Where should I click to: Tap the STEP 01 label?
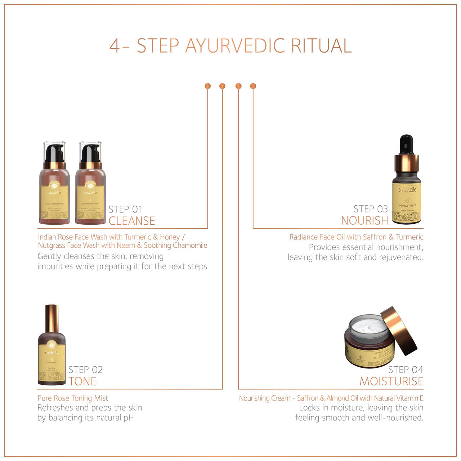(125, 209)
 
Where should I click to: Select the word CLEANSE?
(132, 221)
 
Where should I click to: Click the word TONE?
(82, 381)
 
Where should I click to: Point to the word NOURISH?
(364, 220)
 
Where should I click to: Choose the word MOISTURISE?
(391, 381)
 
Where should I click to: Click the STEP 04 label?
(406, 370)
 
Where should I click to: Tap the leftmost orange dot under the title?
(207, 86)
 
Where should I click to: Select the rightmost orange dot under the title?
(253, 86)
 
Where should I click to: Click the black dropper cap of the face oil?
(407, 144)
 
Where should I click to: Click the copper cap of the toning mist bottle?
(52, 318)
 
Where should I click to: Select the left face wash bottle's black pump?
(54, 153)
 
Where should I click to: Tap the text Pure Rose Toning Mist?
(73, 398)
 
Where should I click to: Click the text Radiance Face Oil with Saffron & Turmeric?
(356, 237)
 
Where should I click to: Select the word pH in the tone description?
(129, 418)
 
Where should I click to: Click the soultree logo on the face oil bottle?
(407, 190)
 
